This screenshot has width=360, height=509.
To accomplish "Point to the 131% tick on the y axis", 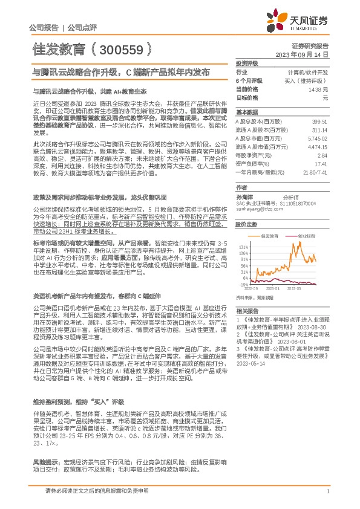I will pos(243,247).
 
